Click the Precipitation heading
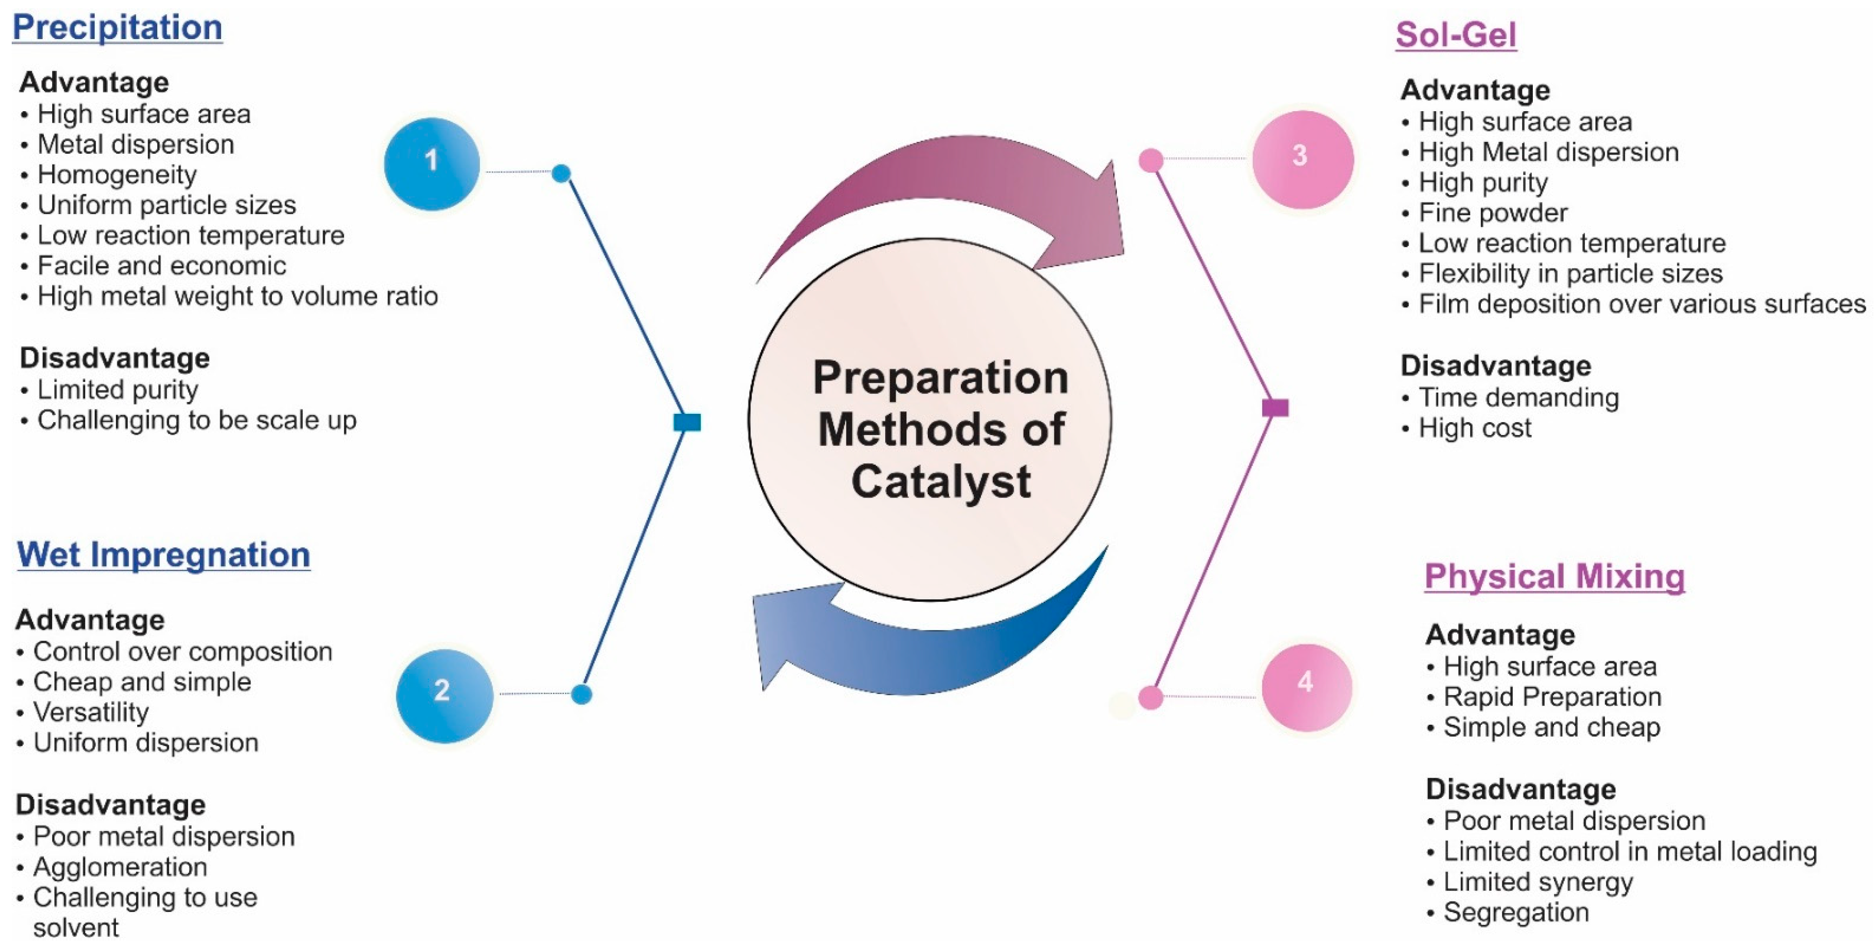(x=117, y=28)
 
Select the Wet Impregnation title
(x=164, y=555)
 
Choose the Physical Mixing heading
(x=1554, y=577)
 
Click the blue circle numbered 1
(x=431, y=163)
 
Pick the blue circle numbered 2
(x=443, y=695)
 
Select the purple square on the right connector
(x=1274, y=408)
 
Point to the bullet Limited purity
(x=117, y=390)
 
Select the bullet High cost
(x=1474, y=428)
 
